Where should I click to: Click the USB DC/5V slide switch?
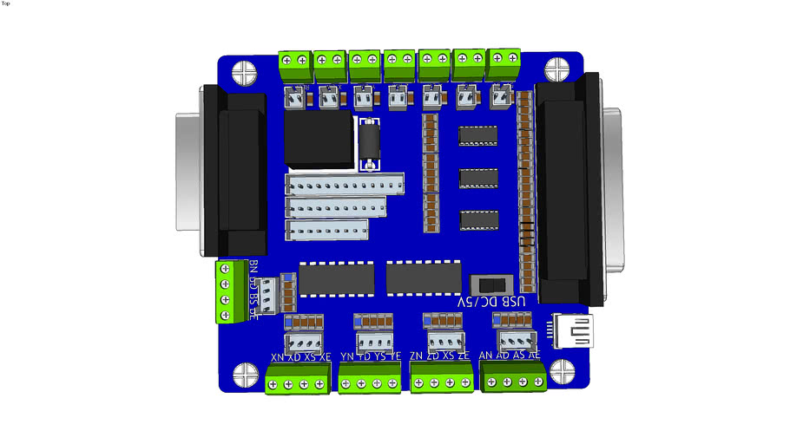[x=489, y=285]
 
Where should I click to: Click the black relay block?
[x=319, y=139]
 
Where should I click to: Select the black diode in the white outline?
[x=370, y=144]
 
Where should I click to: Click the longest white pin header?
[x=345, y=185]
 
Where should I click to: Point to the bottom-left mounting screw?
[x=243, y=375]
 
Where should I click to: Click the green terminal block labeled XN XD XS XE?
[x=298, y=379]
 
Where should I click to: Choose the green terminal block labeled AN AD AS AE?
[x=514, y=378]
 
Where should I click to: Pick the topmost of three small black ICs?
[x=477, y=135]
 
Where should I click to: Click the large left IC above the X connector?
[x=337, y=278]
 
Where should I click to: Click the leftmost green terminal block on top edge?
[x=294, y=61]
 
